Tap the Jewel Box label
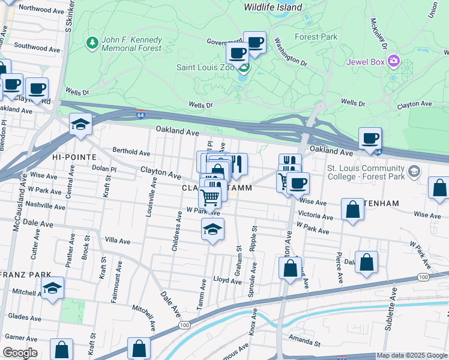tap(366, 61)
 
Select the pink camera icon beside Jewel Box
tap(394, 61)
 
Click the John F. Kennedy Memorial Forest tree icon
tap(92, 43)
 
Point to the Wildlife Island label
tap(273, 7)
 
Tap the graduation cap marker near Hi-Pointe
tap(80, 125)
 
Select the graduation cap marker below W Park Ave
tap(212, 230)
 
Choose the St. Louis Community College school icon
tap(413, 172)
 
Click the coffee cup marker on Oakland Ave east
tap(370, 139)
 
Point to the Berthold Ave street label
tap(131, 153)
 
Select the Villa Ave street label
tap(118, 241)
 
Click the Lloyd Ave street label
tap(228, 280)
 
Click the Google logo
tap(20, 353)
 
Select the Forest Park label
tap(316, 37)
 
